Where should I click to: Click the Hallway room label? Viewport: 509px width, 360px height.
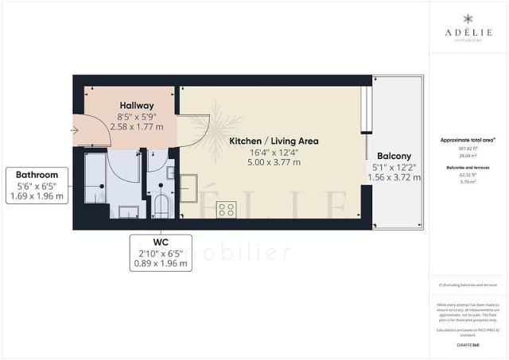136,106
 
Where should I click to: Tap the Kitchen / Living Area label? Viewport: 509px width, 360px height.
274,141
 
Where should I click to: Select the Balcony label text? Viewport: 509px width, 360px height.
394,156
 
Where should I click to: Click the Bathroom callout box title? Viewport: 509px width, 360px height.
36,175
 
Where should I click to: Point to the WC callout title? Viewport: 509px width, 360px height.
161,241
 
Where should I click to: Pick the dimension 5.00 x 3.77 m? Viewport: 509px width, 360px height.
274,163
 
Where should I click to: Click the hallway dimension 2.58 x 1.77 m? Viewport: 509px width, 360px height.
136,127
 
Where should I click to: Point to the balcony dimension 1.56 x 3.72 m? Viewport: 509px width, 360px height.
394,178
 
